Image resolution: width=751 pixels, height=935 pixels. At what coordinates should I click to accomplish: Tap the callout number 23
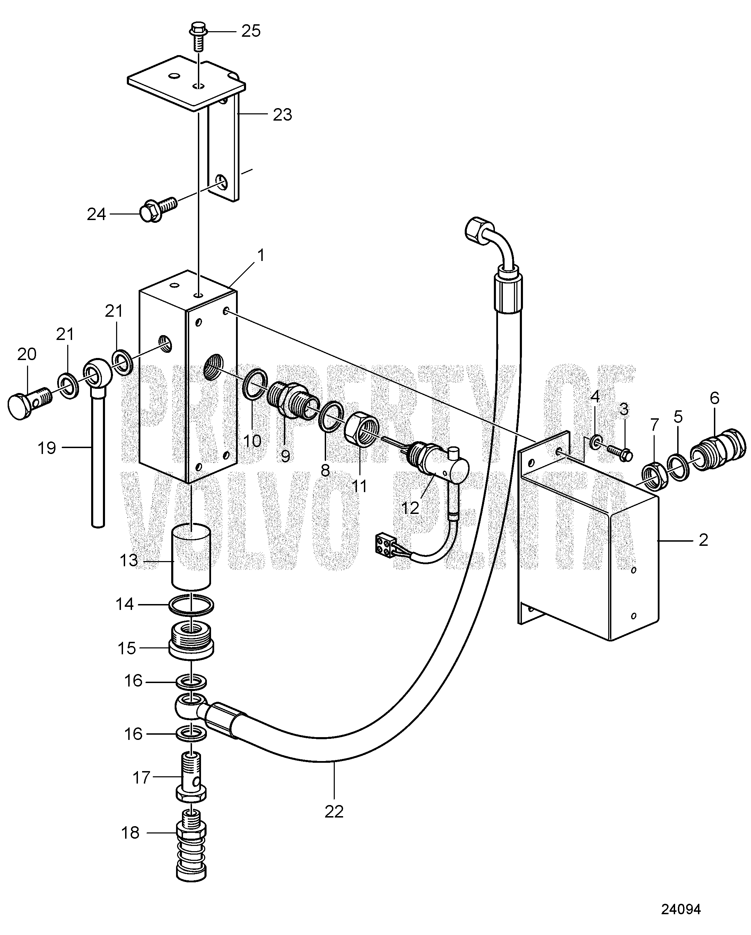(282, 115)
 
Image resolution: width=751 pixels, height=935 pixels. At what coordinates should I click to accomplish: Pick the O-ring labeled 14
(191, 606)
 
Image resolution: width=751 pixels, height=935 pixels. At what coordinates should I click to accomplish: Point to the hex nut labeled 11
(363, 432)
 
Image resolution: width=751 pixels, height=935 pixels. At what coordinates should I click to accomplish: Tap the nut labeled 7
(653, 476)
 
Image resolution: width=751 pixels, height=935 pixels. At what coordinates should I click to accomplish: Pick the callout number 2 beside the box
(703, 540)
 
